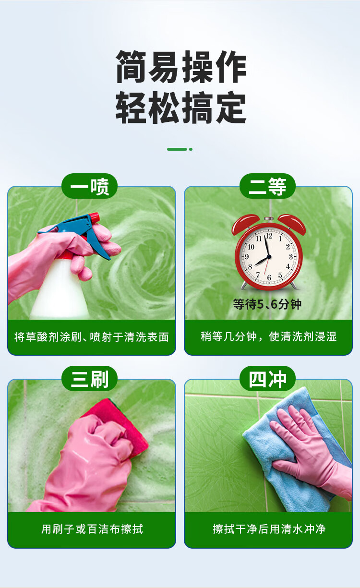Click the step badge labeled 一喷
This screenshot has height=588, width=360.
pos(89,186)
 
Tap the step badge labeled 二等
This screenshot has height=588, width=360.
pos(267,186)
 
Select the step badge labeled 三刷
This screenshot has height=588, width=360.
pos(89,379)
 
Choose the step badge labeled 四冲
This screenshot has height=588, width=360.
pos(267,379)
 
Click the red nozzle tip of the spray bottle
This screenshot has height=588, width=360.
pos(95,217)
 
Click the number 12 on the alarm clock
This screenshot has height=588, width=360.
pos(269,236)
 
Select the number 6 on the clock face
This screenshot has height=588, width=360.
pos(269,277)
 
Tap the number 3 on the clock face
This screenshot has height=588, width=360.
pos(291,256)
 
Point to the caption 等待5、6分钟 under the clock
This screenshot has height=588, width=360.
pos(267,304)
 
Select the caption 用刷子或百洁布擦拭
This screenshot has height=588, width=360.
pos(92,529)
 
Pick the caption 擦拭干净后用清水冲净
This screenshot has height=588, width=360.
pos(269,529)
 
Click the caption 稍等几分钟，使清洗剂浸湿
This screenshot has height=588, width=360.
pos(268,336)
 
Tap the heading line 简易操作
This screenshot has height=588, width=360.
pos(181,67)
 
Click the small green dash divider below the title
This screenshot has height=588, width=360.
pos(180,149)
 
